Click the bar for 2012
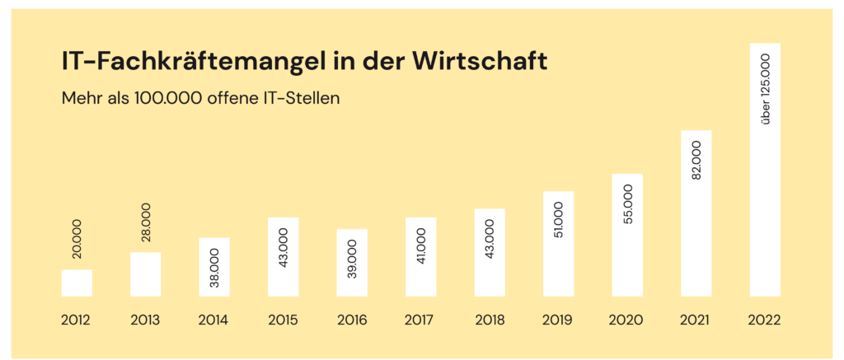tap(77, 283)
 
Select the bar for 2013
tap(145, 274)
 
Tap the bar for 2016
tap(352, 262)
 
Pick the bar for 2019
tap(558, 243)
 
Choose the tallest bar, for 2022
tap(765, 169)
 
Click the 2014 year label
tap(214, 320)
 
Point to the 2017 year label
tap(420, 320)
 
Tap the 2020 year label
tap(627, 320)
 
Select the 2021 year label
tap(696, 320)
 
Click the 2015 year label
tap(283, 320)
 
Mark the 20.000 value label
tap(77, 240)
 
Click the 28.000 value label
tap(146, 222)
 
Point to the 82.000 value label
tap(696, 161)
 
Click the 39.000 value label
tap(352, 259)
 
